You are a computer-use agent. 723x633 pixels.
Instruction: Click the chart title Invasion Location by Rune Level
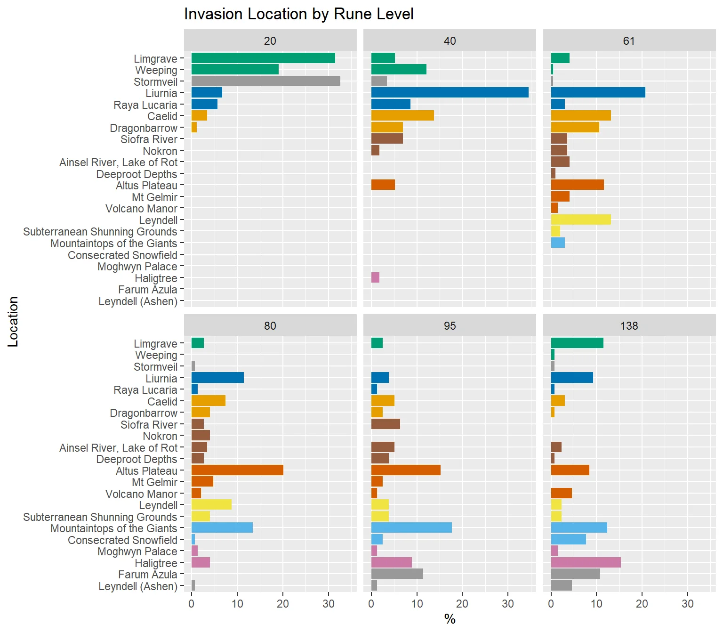tap(298, 14)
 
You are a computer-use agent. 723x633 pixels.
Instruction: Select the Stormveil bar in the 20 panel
tap(265, 81)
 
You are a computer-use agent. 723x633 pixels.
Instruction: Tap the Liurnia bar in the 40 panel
tap(450, 92)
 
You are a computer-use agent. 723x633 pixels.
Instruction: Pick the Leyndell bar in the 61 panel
tap(580, 219)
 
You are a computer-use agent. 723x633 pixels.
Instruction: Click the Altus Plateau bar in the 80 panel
tap(237, 470)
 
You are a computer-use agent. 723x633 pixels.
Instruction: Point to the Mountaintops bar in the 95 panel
tap(411, 527)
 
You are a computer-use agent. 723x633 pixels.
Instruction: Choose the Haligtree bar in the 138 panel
tap(586, 562)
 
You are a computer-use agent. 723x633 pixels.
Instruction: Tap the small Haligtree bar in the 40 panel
tap(375, 277)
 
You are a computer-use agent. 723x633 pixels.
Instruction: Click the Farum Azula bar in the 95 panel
tap(397, 574)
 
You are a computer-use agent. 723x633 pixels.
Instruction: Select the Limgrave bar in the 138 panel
tap(577, 343)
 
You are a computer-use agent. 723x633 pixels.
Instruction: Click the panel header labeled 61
tap(629, 41)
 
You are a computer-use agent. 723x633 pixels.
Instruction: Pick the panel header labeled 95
tap(450, 326)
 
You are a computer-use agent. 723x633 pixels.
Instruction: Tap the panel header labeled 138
tap(629, 326)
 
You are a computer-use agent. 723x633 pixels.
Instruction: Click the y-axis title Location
tap(13, 322)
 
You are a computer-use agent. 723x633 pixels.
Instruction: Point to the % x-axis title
tap(450, 619)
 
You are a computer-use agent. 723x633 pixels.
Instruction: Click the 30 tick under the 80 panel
tap(329, 604)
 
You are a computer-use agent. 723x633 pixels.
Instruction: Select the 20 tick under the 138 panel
tap(642, 604)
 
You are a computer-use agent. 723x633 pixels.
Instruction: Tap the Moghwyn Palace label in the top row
tap(137, 267)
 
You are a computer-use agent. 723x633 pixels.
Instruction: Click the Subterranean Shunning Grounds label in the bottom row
tap(100, 517)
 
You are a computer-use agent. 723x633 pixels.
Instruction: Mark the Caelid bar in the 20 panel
tap(199, 115)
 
